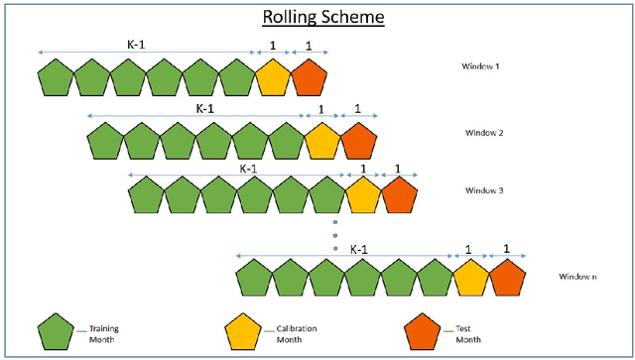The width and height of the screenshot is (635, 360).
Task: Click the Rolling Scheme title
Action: pos(317,18)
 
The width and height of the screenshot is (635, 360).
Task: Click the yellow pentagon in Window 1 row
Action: pos(273,76)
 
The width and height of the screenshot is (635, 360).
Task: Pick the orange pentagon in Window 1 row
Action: pos(310,76)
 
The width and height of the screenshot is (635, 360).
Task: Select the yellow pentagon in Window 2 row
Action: pos(322,141)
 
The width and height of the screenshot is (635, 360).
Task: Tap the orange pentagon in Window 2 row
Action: pos(359,141)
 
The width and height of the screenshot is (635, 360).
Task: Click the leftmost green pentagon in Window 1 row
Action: pos(56,76)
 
